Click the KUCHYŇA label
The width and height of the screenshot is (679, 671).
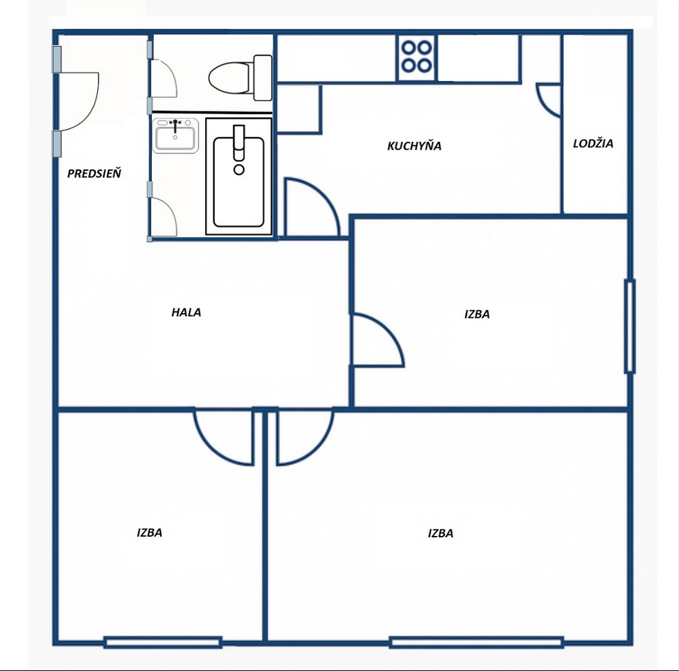point(414,145)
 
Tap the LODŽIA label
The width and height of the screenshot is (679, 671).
point(593,143)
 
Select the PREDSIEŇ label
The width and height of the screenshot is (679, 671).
point(94,173)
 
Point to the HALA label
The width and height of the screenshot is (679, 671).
point(186,313)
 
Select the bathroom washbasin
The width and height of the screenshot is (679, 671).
point(175,135)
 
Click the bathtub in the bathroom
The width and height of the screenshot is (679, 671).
point(239,176)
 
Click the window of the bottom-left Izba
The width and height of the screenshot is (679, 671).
point(163,642)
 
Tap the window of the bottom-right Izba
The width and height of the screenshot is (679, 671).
point(477,642)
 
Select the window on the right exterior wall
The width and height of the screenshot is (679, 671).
point(630,327)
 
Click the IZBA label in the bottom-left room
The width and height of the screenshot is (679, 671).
point(149,533)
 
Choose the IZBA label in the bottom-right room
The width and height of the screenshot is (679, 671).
point(440,533)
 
